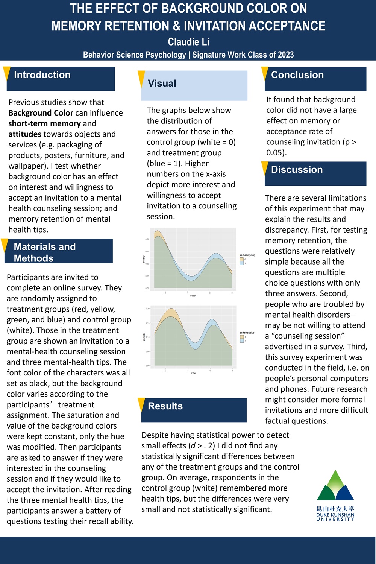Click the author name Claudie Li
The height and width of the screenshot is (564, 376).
pos(188,42)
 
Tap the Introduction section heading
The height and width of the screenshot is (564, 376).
pos(42,75)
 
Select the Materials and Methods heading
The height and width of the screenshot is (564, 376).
pos(45,252)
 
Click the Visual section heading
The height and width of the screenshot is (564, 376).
pos(162,84)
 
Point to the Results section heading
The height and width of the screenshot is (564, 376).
pos(165,406)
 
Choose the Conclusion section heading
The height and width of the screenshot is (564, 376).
pos(297,75)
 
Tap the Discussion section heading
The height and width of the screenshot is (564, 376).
pos(297,170)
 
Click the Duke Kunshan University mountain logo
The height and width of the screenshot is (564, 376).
pos(335,486)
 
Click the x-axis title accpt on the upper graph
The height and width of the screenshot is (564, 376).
pos(193,296)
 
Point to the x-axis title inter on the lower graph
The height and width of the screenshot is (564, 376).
pos(193,373)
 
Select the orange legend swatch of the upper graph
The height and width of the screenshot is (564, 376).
pos(241,260)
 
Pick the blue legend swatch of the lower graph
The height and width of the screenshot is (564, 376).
pos(242,341)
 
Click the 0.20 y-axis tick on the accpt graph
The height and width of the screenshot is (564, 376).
pos(147,239)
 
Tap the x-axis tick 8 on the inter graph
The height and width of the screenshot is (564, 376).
pos(232,371)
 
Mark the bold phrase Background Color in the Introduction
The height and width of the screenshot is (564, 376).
pos(41,113)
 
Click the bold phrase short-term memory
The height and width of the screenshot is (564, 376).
pos(44,123)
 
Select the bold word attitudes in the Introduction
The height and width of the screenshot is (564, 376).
pos(25,134)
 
